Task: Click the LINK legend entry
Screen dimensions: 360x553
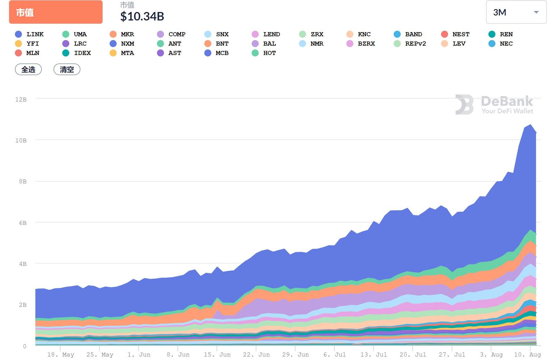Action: [x=30, y=34]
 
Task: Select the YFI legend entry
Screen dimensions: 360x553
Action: [x=27, y=44]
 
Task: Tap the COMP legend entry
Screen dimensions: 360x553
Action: [x=172, y=34]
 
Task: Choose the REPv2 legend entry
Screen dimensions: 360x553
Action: [x=410, y=44]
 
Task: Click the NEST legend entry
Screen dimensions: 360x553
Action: [x=455, y=34]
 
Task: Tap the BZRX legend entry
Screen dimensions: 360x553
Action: [x=361, y=44]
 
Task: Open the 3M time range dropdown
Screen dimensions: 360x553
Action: [x=516, y=12]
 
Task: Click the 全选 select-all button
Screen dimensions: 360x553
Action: [x=28, y=70]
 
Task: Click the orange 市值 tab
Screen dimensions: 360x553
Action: [x=56, y=12]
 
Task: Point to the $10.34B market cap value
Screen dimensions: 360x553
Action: [x=142, y=16]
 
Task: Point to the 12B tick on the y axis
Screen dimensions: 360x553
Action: [x=21, y=99]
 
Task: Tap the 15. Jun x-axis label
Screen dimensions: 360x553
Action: [x=217, y=354]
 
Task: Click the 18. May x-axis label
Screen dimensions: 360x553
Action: [x=61, y=354]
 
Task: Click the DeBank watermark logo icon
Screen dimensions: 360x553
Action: [x=464, y=104]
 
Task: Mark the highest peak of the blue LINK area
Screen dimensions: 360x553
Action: [x=530, y=125]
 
